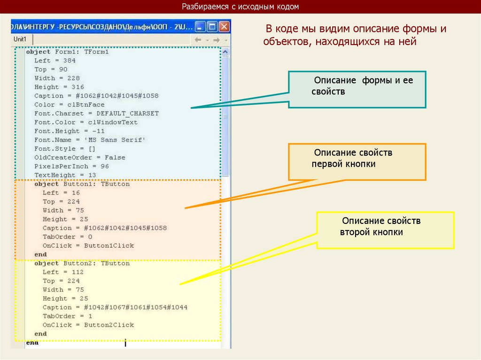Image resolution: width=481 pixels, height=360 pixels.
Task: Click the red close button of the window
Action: point(224,26)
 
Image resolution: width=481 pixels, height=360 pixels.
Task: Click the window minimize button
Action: point(201,26)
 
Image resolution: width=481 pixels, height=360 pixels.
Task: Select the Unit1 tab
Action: point(20,39)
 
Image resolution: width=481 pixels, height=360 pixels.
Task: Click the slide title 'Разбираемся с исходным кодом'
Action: point(240,7)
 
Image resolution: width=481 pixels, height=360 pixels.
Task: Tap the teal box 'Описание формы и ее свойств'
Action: point(357,90)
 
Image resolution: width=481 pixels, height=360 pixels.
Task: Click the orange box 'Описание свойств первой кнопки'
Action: point(357,162)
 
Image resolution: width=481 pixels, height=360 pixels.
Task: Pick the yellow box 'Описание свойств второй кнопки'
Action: point(385,230)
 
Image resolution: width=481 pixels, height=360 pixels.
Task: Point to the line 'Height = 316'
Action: point(59,87)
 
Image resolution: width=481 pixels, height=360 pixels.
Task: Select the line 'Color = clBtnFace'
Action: point(69,105)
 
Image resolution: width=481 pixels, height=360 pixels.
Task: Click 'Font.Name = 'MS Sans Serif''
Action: point(90,140)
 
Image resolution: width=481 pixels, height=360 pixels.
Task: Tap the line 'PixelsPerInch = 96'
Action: point(71,166)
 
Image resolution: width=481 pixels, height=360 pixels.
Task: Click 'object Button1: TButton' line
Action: point(82,184)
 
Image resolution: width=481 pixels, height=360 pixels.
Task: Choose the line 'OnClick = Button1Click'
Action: point(88,245)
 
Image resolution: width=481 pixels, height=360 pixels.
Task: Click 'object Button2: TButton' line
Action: point(82,263)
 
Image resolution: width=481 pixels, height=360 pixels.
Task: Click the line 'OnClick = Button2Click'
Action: point(88,325)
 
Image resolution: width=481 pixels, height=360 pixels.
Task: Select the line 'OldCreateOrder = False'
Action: point(79,157)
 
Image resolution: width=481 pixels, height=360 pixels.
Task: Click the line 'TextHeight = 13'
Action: point(65,175)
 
